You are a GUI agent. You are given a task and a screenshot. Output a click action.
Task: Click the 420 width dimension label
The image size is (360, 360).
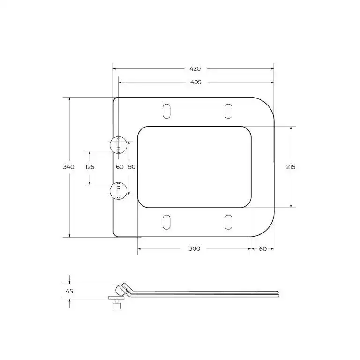click(195, 68)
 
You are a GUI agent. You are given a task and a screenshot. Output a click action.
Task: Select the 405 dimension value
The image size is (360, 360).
click(195, 82)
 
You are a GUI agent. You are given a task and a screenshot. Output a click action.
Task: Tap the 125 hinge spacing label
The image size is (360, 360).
click(90, 167)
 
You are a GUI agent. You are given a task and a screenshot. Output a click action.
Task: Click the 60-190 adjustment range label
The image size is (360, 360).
click(126, 167)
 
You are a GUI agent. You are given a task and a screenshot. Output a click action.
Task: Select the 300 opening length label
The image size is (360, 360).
click(195, 248)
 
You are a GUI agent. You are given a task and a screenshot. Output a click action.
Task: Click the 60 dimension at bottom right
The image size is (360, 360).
click(262, 248)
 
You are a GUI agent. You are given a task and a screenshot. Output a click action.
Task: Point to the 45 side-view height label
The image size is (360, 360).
click(69, 291)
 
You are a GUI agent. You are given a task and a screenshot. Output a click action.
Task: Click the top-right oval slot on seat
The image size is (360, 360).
click(228, 111)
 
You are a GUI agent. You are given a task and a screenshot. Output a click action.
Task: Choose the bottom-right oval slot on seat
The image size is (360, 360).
click(228, 222)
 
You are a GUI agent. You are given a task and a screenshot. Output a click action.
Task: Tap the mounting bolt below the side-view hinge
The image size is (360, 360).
click(117, 305)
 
